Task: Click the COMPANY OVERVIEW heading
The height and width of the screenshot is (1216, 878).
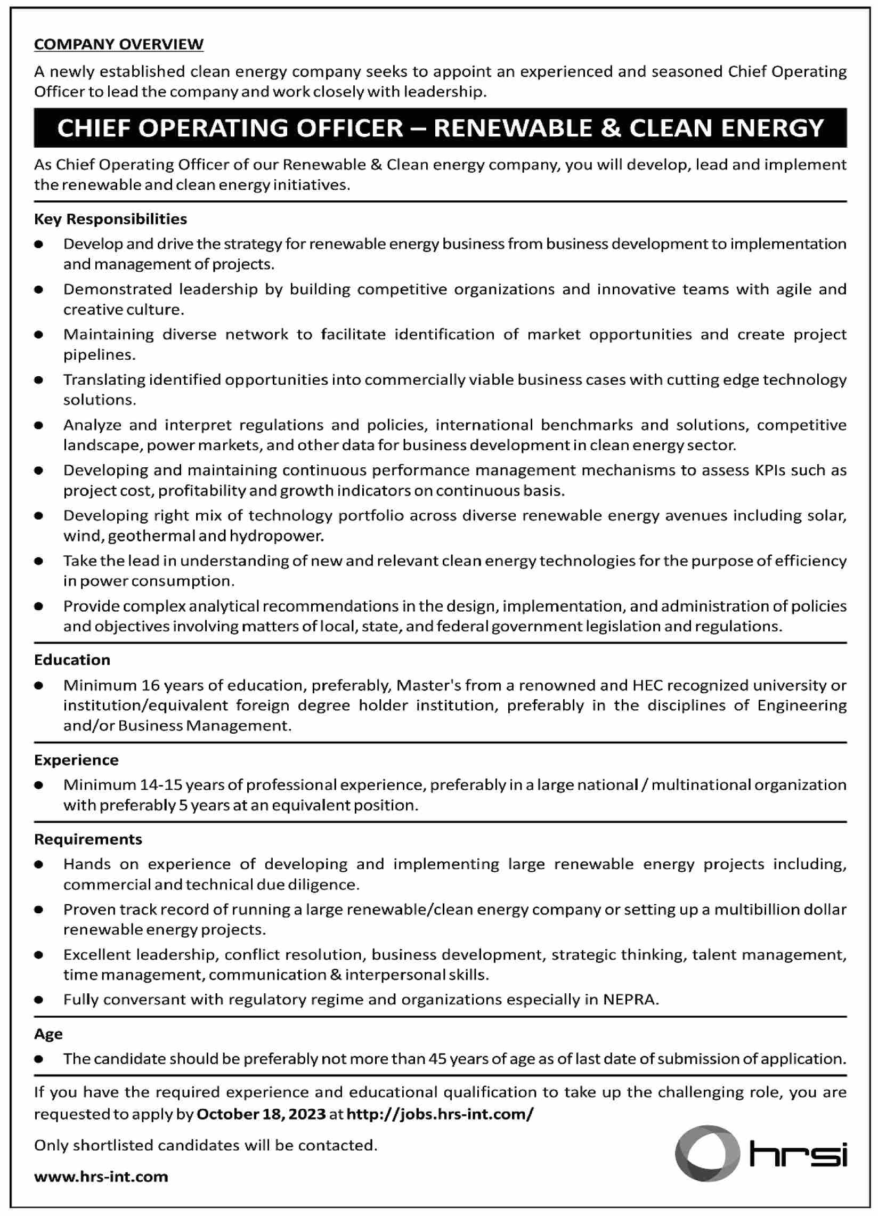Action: [118, 44]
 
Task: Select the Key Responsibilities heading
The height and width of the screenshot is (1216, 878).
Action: [110, 219]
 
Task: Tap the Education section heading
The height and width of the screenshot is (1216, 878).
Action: [72, 660]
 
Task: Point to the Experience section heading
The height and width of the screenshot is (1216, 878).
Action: [76, 760]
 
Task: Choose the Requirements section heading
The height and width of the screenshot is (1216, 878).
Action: [88, 839]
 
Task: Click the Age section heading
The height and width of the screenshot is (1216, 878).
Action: [48, 1034]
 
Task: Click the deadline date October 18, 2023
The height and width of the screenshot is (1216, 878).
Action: [261, 1114]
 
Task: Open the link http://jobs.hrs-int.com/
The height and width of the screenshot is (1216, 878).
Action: [440, 1114]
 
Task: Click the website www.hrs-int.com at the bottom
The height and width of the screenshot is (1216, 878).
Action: [101, 1177]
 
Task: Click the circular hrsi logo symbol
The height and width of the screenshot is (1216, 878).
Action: [706, 1153]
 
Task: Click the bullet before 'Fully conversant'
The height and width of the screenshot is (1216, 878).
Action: [38, 1000]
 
